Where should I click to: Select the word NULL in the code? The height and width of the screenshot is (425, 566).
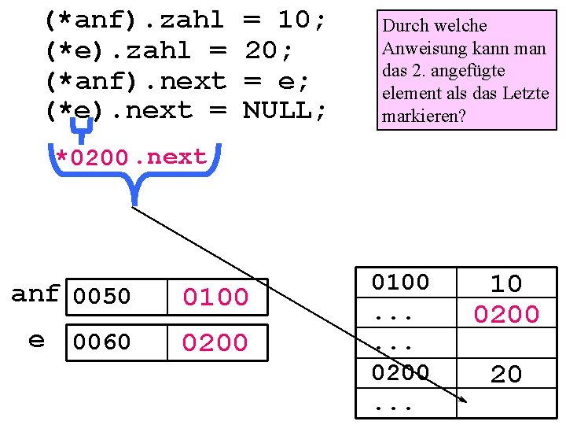tap(277, 111)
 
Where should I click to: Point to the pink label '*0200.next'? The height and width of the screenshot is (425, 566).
tap(131, 157)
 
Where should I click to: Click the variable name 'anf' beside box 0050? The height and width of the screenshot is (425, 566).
tap(35, 294)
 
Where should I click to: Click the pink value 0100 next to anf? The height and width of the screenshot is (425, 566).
tap(215, 297)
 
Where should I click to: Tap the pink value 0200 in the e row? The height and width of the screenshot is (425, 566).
tap(215, 342)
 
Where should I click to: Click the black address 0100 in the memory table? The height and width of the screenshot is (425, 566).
tap(401, 283)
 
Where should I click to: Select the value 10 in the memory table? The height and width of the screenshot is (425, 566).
tap(505, 283)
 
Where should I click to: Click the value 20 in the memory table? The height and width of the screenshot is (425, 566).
tap(505, 375)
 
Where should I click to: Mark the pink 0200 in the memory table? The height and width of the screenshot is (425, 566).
tap(505, 315)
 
